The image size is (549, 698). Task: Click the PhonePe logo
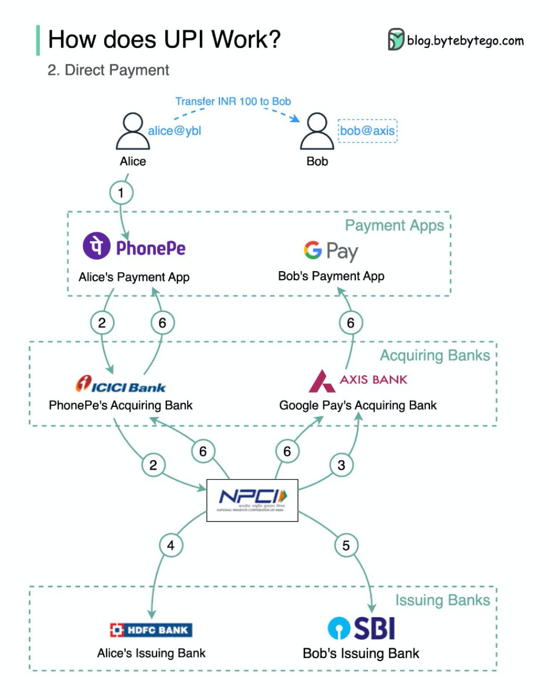click(x=134, y=248)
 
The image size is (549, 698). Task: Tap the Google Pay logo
click(x=331, y=251)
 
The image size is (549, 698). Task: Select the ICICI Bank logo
click(x=121, y=385)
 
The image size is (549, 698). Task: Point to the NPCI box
click(x=252, y=500)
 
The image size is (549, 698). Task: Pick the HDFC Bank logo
click(x=151, y=630)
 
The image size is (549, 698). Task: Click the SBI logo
click(x=361, y=628)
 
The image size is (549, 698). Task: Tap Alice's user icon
click(x=133, y=132)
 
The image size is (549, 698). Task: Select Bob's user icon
click(x=317, y=132)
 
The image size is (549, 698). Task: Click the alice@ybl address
click(x=175, y=131)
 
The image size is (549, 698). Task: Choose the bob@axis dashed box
click(x=367, y=131)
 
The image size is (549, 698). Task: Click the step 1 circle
click(x=121, y=193)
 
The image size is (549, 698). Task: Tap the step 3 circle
click(x=342, y=465)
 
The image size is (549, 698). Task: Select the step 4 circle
click(x=171, y=545)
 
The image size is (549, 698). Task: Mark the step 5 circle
click(x=346, y=545)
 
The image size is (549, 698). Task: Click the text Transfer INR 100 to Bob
click(x=233, y=101)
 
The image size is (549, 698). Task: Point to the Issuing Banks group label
click(x=443, y=600)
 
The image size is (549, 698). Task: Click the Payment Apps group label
click(x=395, y=225)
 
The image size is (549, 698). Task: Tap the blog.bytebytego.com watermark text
click(x=465, y=41)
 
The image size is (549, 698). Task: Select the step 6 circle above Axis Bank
click(x=351, y=323)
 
